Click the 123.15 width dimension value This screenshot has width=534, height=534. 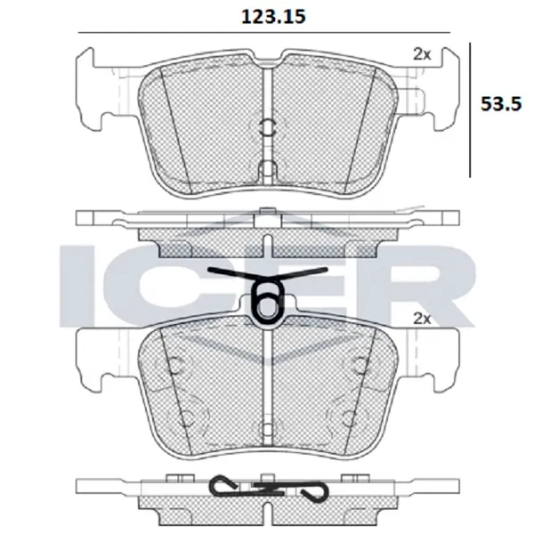(273, 17)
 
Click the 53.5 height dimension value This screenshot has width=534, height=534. (500, 103)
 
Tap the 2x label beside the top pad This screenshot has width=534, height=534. (422, 54)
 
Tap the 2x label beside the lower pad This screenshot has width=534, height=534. (422, 319)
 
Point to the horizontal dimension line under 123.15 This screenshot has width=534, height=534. (264, 33)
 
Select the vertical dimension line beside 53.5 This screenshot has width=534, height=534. (470, 110)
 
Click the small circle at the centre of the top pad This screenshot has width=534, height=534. (268, 126)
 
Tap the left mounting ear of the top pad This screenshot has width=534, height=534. (89, 90)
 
